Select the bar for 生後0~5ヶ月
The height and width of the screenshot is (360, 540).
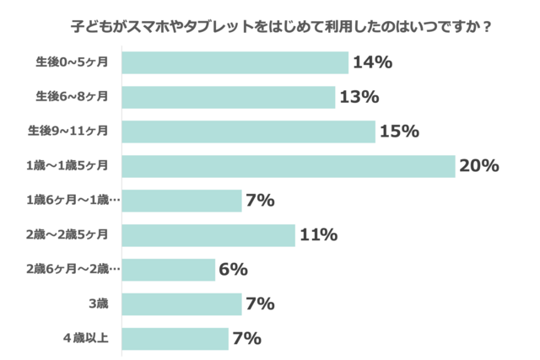(235, 62)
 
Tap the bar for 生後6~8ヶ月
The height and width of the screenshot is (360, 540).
(228, 97)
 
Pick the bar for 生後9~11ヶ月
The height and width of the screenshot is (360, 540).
(248, 132)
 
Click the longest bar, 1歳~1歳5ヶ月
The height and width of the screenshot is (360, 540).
(288, 166)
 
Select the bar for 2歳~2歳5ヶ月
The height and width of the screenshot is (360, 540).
(208, 235)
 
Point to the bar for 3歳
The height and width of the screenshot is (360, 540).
(181, 304)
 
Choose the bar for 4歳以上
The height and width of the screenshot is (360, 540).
(175, 339)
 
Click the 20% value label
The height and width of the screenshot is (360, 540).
(478, 166)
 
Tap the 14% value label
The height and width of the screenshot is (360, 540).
(372, 62)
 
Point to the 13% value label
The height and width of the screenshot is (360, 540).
(359, 97)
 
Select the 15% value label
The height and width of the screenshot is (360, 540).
(399, 132)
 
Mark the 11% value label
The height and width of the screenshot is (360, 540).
(318, 235)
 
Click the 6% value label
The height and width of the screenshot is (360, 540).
(233, 270)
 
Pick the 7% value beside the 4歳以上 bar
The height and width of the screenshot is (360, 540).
(246, 339)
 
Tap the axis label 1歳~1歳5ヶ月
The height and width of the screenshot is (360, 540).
(73, 166)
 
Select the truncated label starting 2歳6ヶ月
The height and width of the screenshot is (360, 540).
(73, 270)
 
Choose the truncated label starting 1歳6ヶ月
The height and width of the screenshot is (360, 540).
(73, 201)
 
